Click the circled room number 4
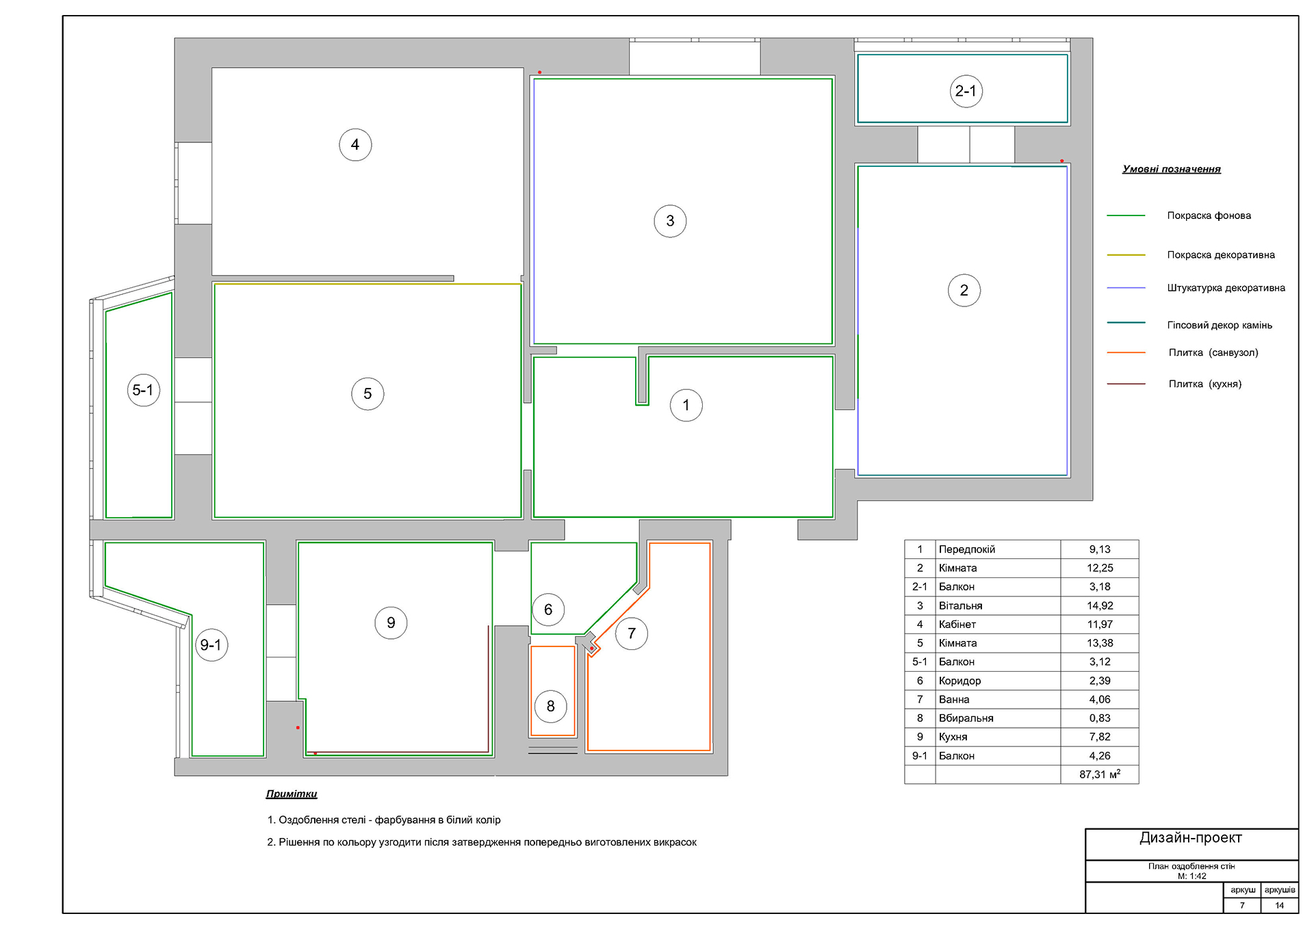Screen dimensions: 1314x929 tap(355, 144)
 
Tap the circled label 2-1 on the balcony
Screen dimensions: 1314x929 tap(966, 91)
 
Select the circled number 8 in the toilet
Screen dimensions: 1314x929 tap(550, 706)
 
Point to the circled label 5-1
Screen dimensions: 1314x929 tap(144, 390)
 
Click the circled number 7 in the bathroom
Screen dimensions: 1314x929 tap(631, 633)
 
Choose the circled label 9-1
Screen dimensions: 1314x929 tap(211, 644)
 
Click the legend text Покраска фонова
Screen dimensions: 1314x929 tap(1209, 215)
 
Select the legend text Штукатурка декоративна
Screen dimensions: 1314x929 tap(1226, 288)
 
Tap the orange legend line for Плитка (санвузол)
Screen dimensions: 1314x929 tap(1126, 352)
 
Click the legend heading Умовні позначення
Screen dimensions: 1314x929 tap(1171, 169)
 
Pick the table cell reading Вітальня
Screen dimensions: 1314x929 tap(960, 605)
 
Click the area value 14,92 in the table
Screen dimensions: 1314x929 tap(1100, 605)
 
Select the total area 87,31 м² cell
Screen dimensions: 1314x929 tap(1100, 774)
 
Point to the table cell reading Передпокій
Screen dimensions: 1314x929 tap(966, 549)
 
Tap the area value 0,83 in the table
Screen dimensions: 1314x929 tap(1100, 718)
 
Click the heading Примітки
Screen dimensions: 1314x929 tap(292, 794)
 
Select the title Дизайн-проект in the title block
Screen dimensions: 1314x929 tap(1190, 837)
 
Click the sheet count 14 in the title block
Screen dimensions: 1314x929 tap(1279, 905)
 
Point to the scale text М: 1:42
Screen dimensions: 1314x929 tap(1191, 876)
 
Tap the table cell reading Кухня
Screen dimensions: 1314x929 tap(953, 737)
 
